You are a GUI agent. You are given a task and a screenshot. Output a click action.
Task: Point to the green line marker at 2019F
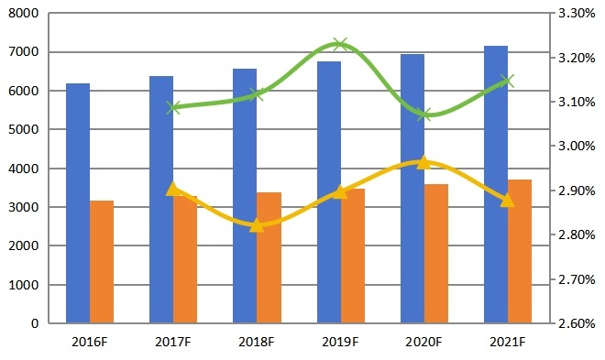pos(340,44)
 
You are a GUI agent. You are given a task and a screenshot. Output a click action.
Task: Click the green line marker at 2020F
pos(423,115)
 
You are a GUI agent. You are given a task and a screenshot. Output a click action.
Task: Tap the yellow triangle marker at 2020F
pos(423,162)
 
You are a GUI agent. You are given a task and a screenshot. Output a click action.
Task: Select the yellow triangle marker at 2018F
pos(257,224)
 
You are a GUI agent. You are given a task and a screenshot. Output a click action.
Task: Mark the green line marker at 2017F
pos(173,107)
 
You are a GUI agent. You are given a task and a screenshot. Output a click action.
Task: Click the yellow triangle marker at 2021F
pos(508,199)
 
